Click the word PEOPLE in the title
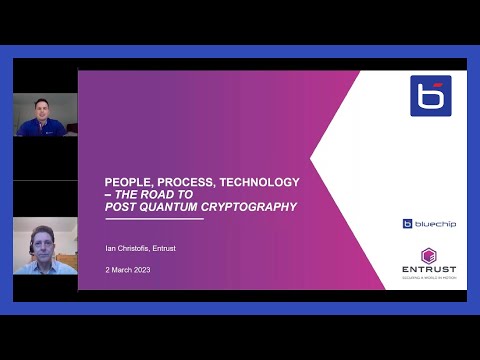pos(126,182)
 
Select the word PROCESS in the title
pos(184,182)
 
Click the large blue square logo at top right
pos(430,96)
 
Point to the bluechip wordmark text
pos(436,224)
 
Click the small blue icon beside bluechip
pos(408,224)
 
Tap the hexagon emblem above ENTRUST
pos(428,254)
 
